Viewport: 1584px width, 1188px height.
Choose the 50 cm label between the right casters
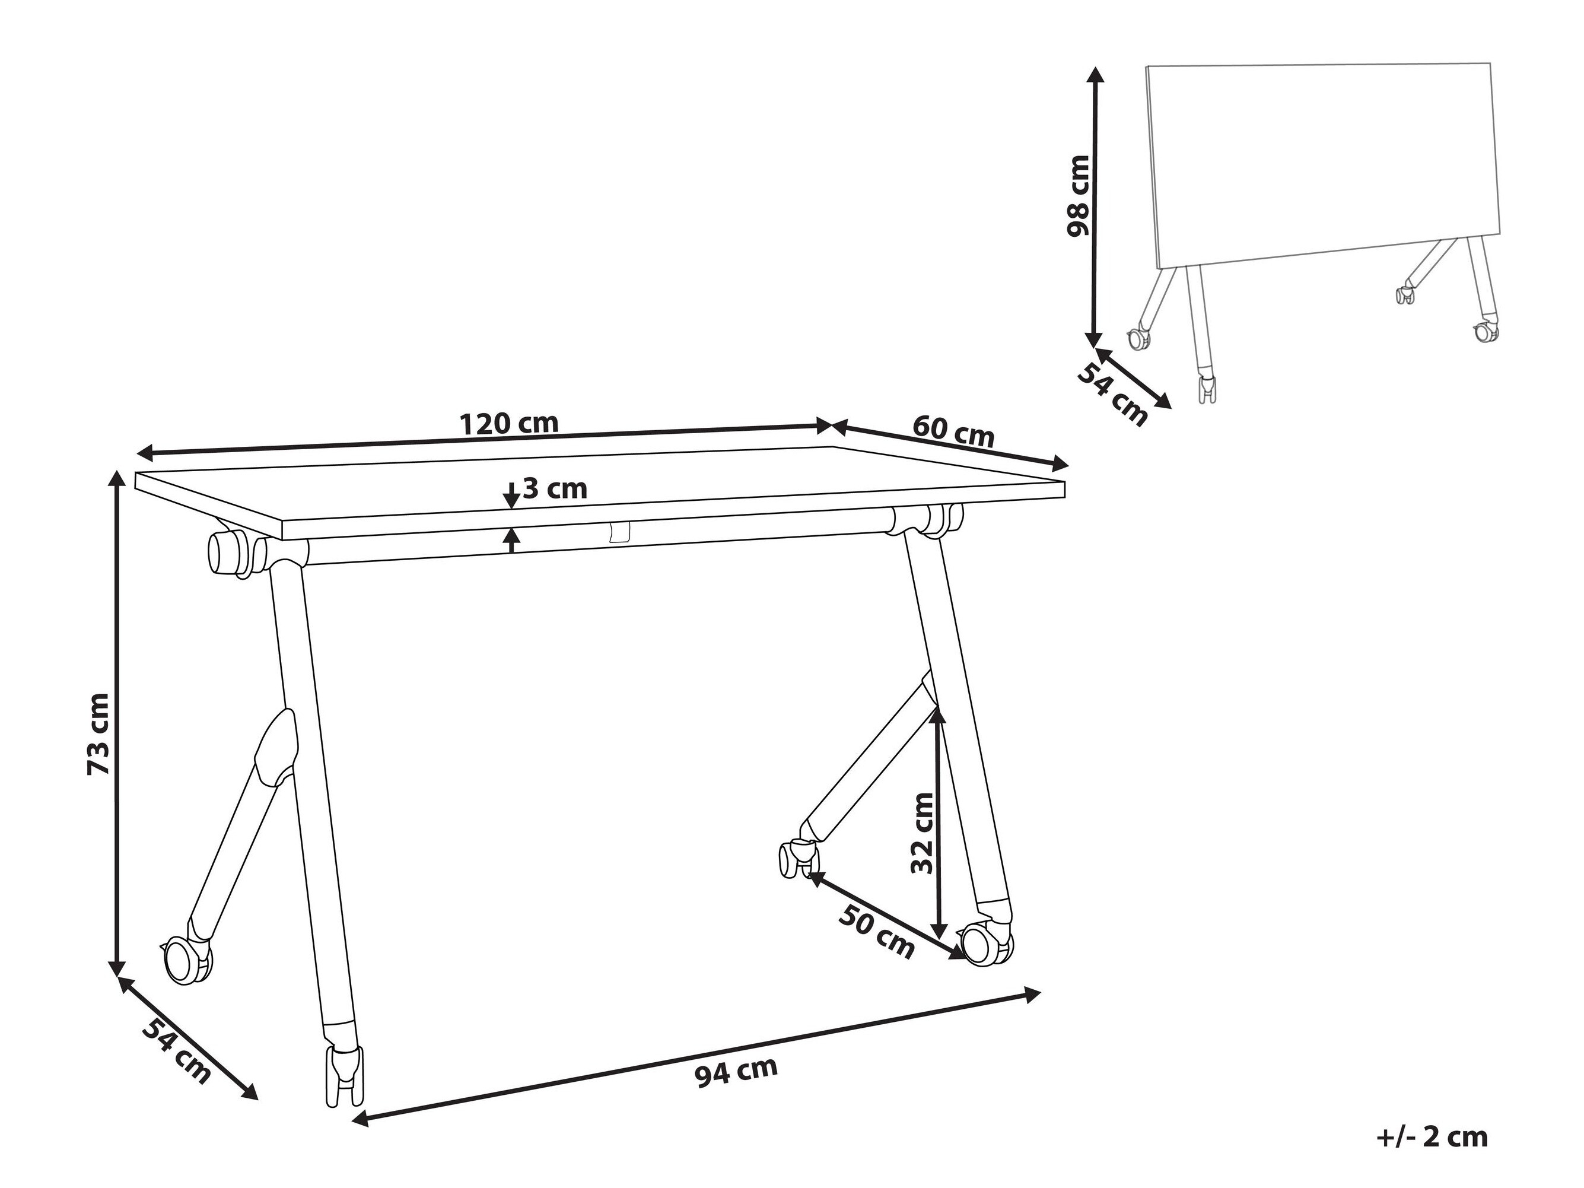click(x=878, y=932)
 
